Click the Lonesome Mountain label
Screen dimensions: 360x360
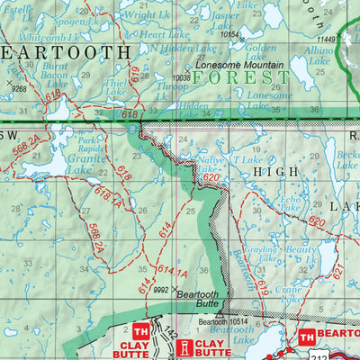(x=241, y=67)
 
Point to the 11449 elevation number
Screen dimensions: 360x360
(x=326, y=40)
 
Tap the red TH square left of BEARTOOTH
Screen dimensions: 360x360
(x=306, y=337)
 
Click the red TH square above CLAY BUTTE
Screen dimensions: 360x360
(x=141, y=329)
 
